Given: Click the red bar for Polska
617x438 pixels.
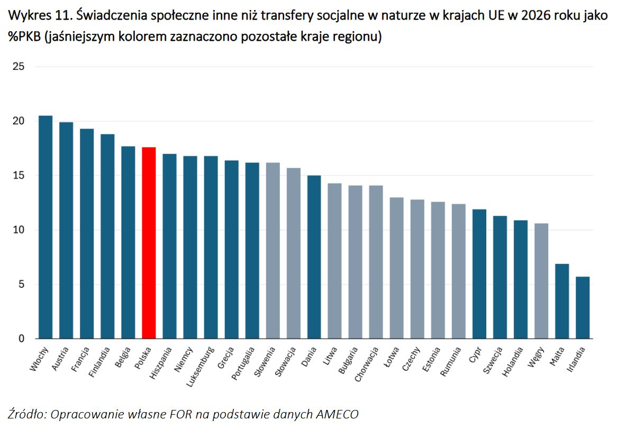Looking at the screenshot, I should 149,243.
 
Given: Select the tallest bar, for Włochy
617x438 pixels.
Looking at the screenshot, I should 46,227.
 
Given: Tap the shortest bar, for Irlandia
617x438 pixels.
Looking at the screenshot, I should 583,307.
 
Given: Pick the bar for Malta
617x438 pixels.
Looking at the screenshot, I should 562,301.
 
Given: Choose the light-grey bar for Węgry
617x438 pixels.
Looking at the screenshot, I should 541,281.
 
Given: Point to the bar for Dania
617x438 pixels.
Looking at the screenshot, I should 314,257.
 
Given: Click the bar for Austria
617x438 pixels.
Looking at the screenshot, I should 66,230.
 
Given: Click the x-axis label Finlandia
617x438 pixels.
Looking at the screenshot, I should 99,362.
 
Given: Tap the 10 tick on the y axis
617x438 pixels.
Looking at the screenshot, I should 19,230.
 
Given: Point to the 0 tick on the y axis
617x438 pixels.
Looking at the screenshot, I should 21,339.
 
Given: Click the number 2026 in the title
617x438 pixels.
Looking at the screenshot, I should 536,15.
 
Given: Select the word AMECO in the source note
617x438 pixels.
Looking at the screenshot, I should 337,414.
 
